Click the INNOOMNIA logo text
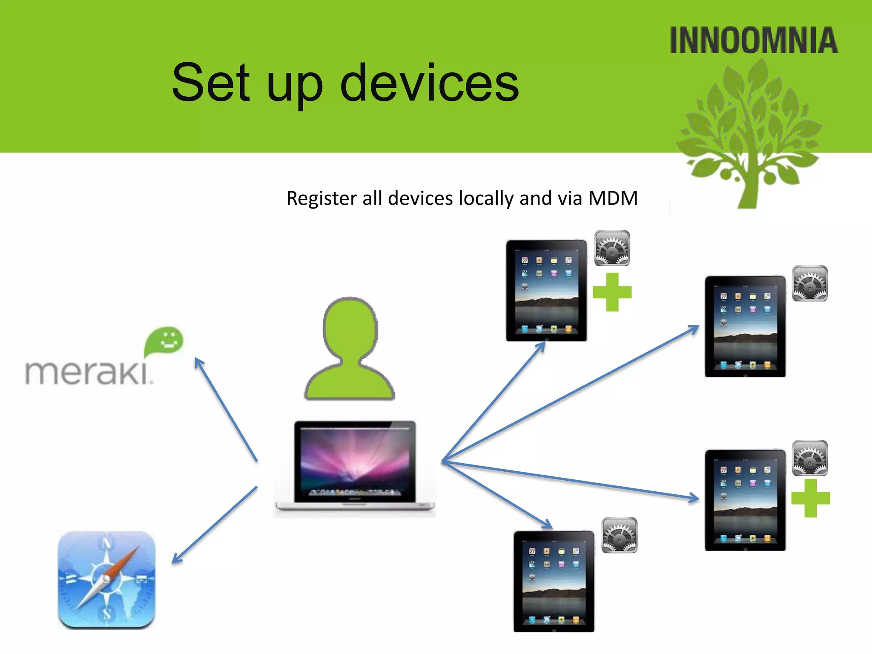[x=754, y=40]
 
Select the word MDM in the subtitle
[x=613, y=198]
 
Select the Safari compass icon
[x=106, y=580]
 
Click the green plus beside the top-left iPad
[x=612, y=292]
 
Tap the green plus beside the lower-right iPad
[x=811, y=498]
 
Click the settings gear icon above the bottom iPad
[x=620, y=535]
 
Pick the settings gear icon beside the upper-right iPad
[x=810, y=284]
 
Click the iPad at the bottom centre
[x=554, y=581]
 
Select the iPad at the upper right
[x=745, y=327]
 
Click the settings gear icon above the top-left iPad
[x=612, y=248]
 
